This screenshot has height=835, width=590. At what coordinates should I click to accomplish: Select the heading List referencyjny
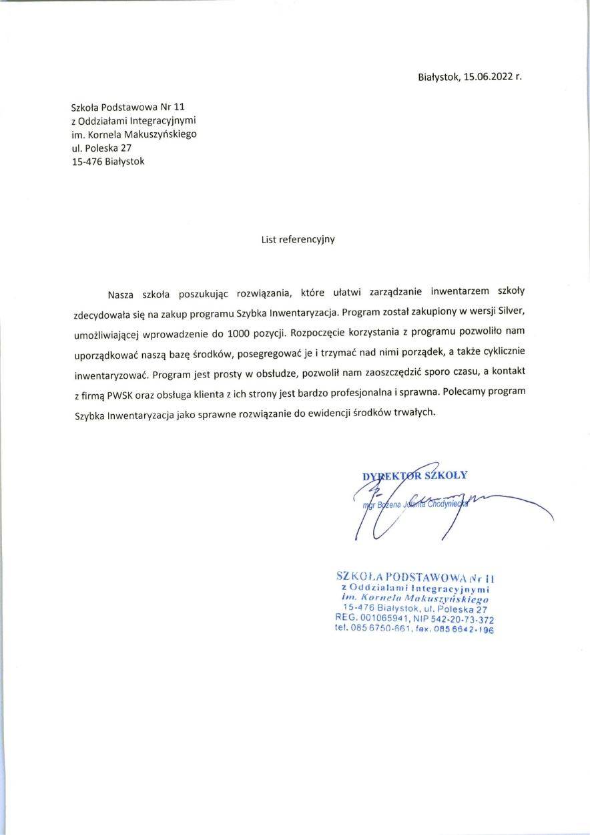pyautogui.click(x=298, y=238)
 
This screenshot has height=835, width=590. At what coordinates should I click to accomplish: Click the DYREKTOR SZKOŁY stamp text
pyautogui.click(x=414, y=476)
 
